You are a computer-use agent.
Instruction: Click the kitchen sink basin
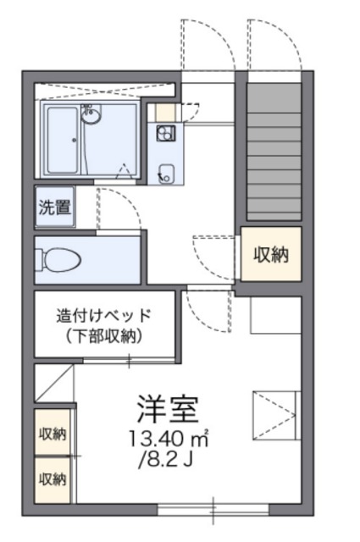point(165,172)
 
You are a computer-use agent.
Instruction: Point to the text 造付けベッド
point(103,316)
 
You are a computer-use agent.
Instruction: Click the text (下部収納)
point(103,336)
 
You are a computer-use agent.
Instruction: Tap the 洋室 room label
point(168,410)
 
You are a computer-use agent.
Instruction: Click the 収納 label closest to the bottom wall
point(53,480)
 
